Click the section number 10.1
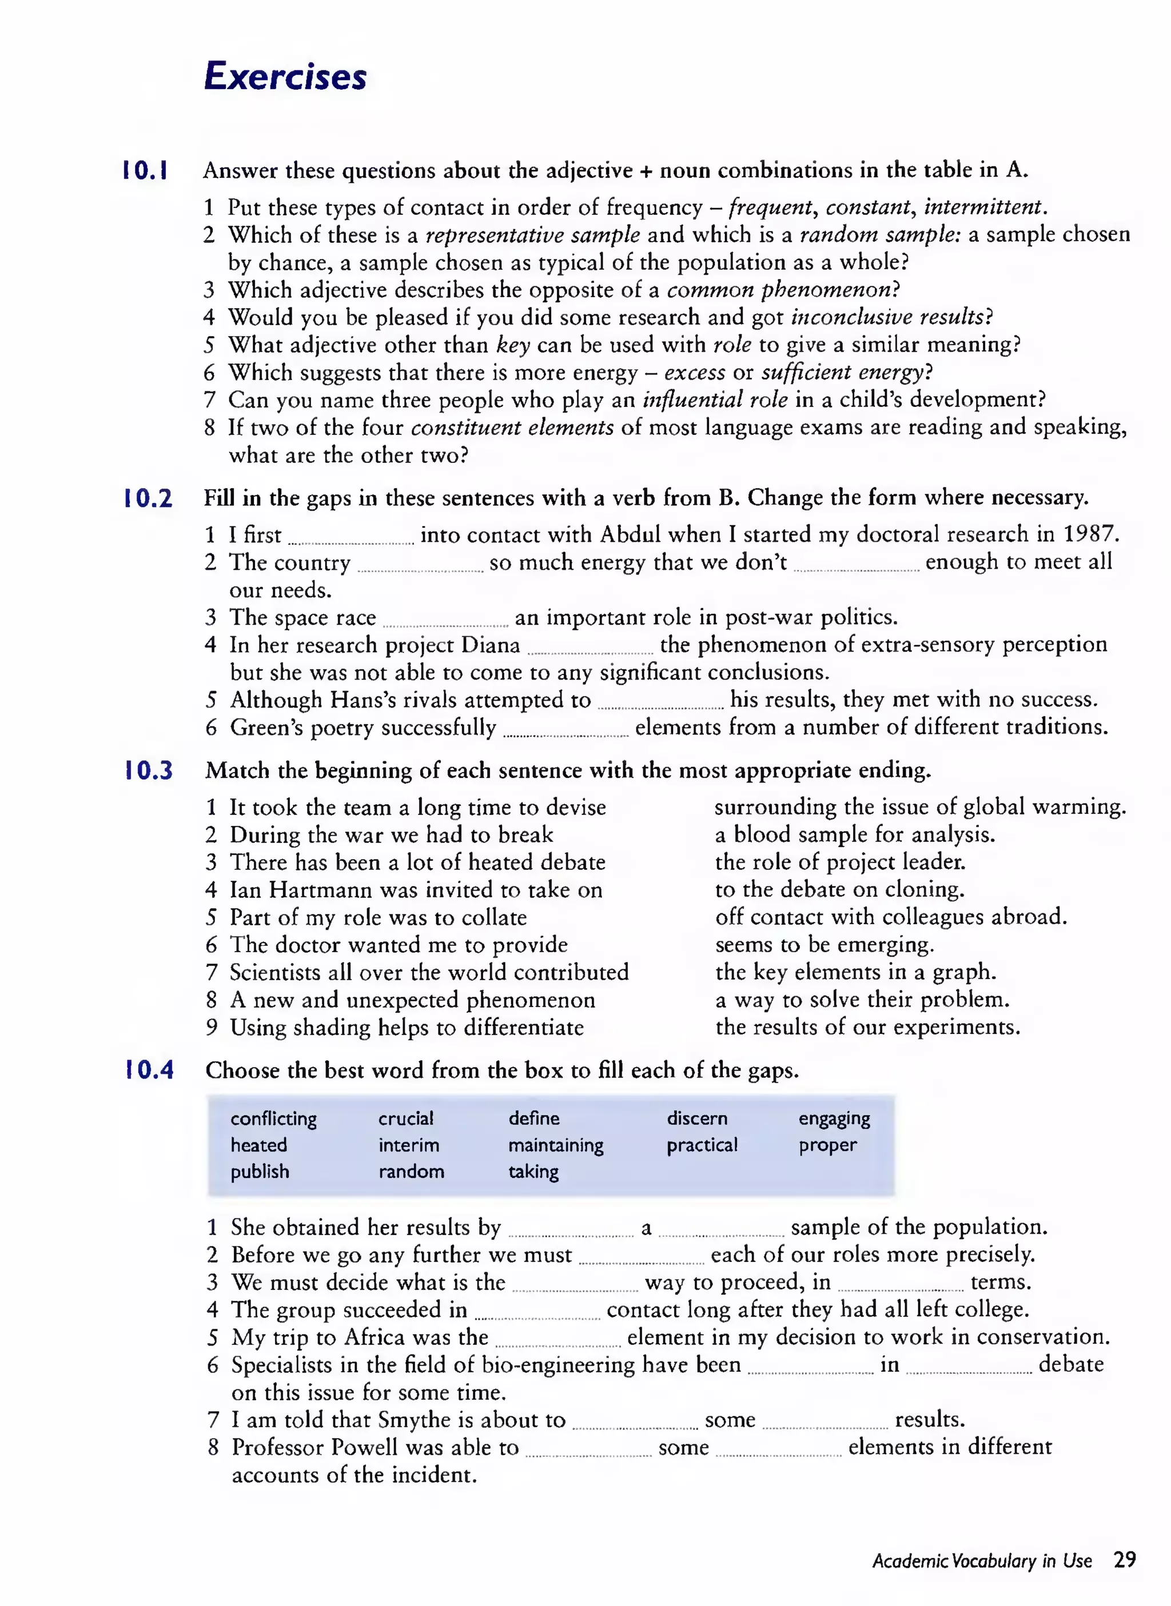(x=145, y=171)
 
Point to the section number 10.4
(x=149, y=1070)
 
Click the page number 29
(x=1124, y=1560)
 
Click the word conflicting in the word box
(x=274, y=1118)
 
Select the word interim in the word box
(x=408, y=1145)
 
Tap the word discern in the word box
(x=697, y=1118)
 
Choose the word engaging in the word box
(x=834, y=1118)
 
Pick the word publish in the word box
(x=260, y=1172)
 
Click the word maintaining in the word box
(x=556, y=1145)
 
